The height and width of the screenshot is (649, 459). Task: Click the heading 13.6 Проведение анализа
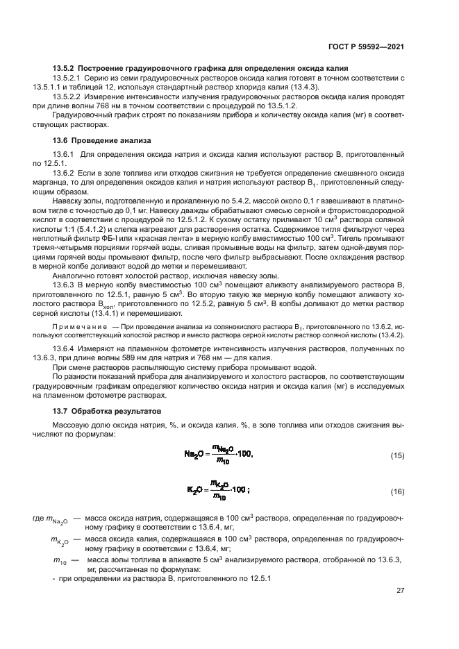click(101, 140)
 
